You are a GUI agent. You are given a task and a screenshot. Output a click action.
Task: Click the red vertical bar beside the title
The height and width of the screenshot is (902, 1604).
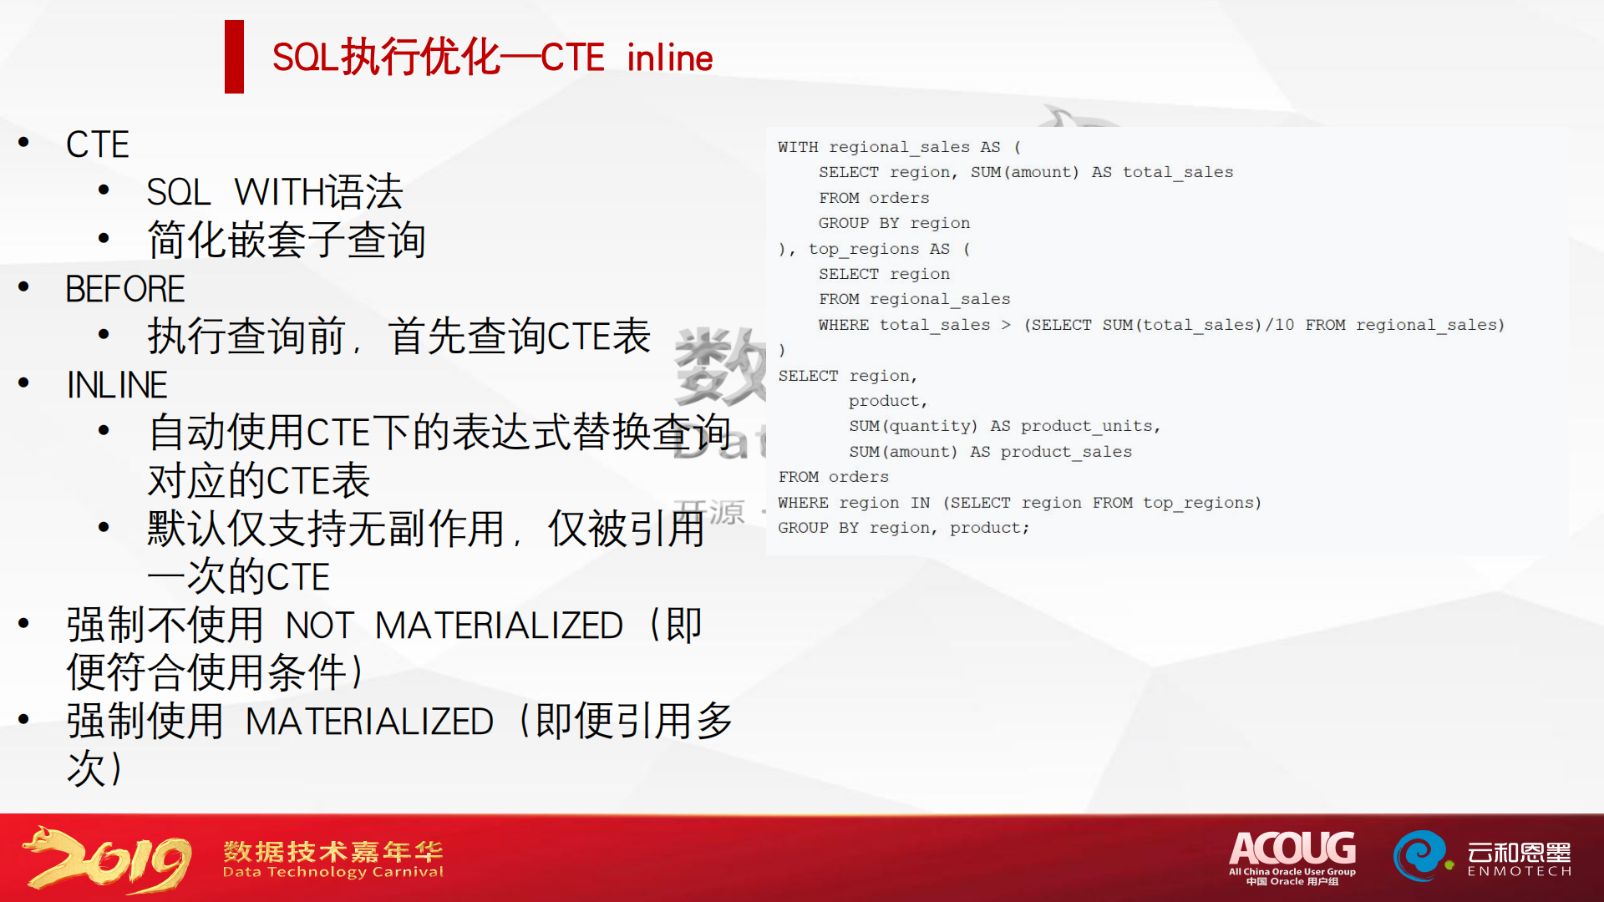tap(234, 57)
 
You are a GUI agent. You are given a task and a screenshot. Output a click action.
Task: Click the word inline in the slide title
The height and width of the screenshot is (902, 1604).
tap(669, 58)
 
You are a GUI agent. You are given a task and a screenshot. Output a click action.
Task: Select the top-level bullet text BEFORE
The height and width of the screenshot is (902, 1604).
tap(125, 289)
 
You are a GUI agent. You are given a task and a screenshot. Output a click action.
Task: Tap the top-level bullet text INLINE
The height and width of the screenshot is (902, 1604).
tap(117, 385)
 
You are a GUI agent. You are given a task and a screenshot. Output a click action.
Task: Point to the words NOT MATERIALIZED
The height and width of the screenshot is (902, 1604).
tap(454, 626)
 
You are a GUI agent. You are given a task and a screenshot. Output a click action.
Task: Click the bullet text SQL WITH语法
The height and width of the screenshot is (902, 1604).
tap(275, 192)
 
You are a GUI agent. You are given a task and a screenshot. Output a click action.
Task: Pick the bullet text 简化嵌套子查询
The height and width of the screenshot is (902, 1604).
tap(287, 241)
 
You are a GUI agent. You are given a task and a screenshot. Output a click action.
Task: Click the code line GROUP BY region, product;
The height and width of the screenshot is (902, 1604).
tap(903, 528)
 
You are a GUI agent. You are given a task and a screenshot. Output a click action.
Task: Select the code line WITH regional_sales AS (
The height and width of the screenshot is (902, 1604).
tap(899, 147)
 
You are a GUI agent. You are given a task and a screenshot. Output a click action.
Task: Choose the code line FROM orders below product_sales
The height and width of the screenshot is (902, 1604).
tap(833, 477)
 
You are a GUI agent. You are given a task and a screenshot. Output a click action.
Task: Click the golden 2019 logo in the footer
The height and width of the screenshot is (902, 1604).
tap(107, 859)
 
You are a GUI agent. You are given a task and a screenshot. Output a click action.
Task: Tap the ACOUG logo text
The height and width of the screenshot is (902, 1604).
tap(1292, 849)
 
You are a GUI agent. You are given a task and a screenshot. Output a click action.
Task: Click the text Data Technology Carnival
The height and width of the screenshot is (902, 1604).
tap(333, 872)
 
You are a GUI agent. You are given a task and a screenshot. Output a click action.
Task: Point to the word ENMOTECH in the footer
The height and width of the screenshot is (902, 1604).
tap(1520, 872)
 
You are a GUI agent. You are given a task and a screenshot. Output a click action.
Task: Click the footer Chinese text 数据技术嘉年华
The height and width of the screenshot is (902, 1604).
tap(333, 851)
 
